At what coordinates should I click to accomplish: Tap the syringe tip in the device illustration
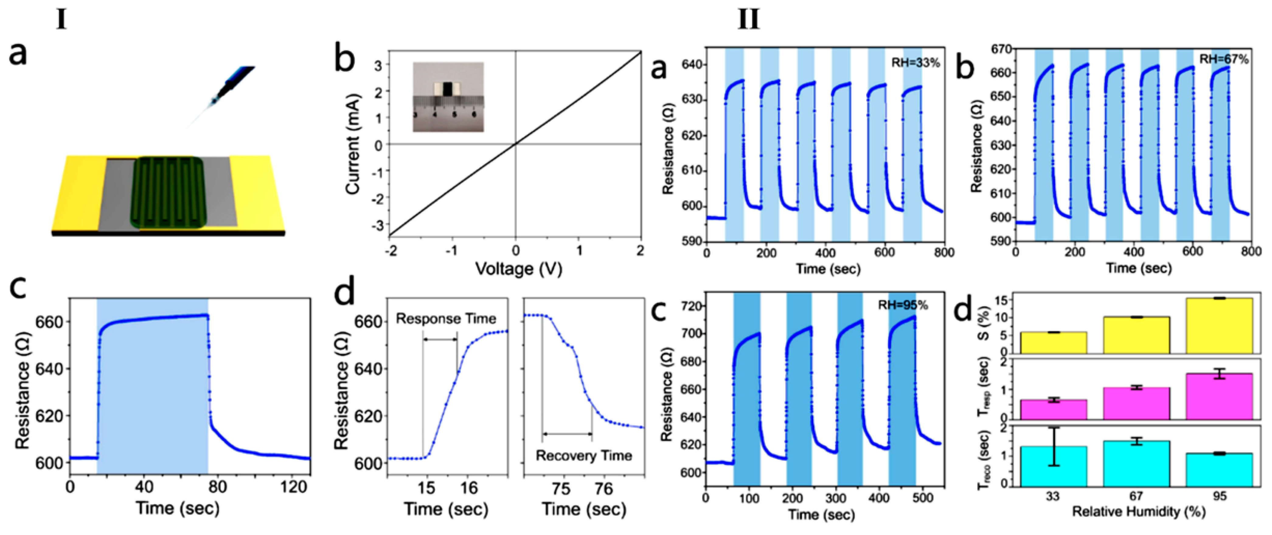(x=213, y=102)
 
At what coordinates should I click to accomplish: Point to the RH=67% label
(x=1224, y=60)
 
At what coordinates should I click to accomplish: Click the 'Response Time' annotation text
(x=446, y=319)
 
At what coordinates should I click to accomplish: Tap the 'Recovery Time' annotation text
(x=584, y=456)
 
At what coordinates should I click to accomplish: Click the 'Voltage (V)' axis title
(x=519, y=269)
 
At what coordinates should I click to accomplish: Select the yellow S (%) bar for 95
(x=1219, y=326)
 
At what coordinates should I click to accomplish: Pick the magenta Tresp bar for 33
(x=1053, y=410)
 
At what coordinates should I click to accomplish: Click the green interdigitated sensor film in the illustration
(x=168, y=192)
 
